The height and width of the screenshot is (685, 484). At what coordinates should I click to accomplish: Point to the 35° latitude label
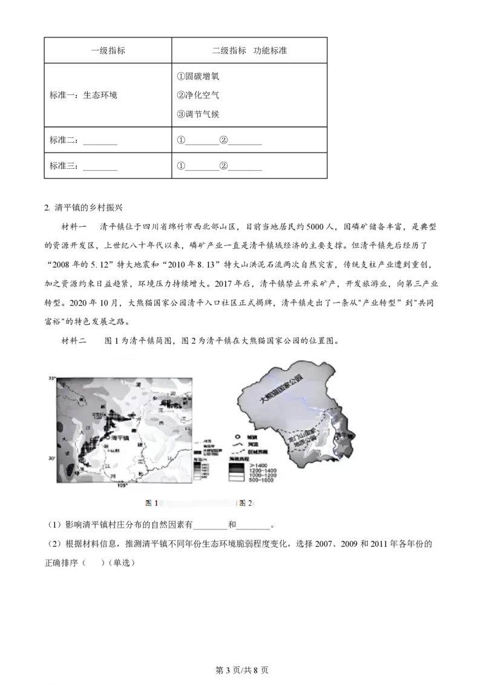(52, 378)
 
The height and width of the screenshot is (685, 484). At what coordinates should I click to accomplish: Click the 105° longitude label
(123, 485)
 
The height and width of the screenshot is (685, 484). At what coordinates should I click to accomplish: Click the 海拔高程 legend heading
(240, 460)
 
